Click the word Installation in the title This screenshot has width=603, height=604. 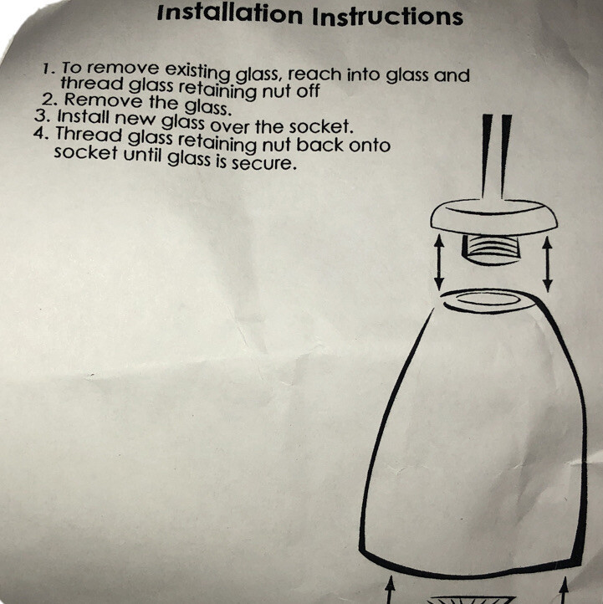click(230, 13)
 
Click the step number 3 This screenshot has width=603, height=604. click(43, 116)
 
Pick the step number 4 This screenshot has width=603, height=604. click(41, 133)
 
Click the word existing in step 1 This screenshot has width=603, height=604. click(197, 72)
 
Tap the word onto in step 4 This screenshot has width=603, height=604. click(370, 146)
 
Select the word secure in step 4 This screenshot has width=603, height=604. click(263, 163)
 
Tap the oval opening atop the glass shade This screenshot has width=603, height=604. click(489, 299)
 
